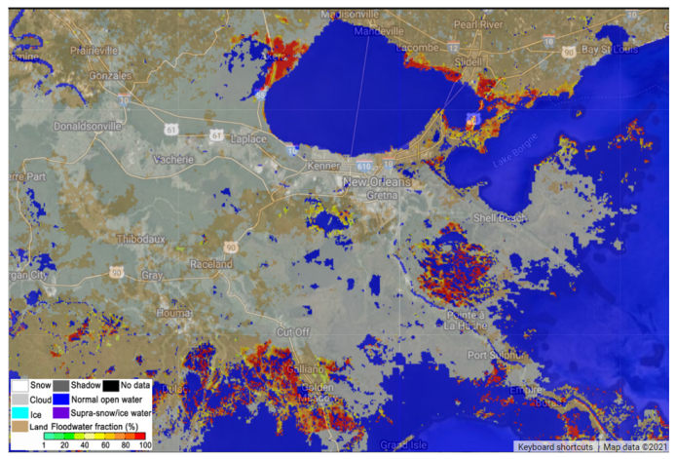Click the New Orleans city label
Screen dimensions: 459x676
[374, 182]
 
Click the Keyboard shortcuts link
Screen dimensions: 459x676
[554, 447]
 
